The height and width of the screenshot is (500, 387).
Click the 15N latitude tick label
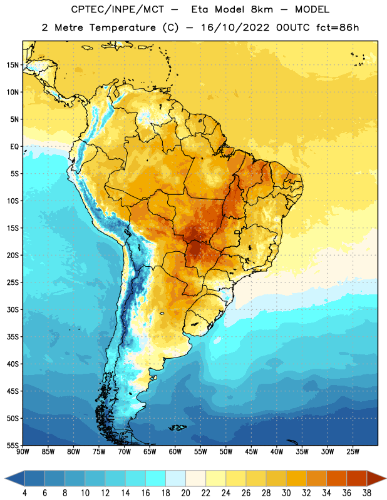click(13, 65)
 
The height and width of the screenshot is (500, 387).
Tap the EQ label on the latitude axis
click(14, 147)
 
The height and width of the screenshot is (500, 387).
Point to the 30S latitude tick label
click(13, 309)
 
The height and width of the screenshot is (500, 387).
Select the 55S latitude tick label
click(13, 445)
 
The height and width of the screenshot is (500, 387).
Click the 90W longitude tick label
click(23, 451)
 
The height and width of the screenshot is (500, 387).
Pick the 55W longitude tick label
click(200, 451)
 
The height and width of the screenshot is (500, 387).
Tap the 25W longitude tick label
click(353, 451)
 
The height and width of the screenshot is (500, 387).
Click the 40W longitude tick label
click(277, 451)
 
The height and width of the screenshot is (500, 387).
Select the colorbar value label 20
click(185, 493)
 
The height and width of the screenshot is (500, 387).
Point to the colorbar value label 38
click(367, 493)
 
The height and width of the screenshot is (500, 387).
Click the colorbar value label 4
click(24, 493)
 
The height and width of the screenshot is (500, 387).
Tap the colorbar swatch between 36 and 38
click(357, 478)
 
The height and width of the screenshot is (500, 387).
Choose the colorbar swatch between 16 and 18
click(156, 478)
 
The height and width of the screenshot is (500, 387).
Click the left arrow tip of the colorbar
click(5, 478)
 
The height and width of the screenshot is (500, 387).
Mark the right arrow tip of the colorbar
click(386, 478)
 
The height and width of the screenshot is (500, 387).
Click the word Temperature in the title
click(122, 27)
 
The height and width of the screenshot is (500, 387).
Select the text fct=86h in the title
click(338, 27)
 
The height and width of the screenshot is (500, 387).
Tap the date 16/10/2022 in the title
click(235, 27)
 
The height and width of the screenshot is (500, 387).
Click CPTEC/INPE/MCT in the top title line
click(118, 9)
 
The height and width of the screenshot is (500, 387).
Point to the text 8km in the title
click(262, 9)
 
